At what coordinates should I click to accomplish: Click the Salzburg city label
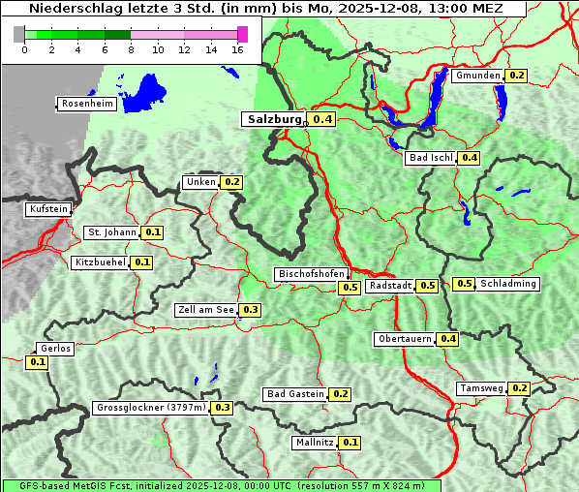point(273,119)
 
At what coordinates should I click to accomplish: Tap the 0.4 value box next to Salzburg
point(322,119)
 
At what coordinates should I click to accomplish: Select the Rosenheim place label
point(88,104)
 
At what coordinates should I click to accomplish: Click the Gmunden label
point(477,76)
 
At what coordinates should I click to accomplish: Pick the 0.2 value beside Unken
point(231,182)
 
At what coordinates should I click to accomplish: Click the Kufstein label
point(48,209)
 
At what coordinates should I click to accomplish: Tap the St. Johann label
point(112,232)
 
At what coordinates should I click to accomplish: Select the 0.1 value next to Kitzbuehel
point(142,262)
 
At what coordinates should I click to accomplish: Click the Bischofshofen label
point(311,275)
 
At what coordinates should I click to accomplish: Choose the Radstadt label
point(390,286)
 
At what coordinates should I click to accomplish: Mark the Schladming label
point(508,284)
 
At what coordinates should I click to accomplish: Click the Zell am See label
point(206,310)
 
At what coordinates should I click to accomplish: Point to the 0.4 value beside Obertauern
point(448,339)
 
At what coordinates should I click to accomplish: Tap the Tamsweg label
point(481,388)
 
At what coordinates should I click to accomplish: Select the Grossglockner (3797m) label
point(151,408)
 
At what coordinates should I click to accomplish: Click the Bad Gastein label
point(295,394)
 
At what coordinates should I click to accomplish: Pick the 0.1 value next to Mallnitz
point(350,443)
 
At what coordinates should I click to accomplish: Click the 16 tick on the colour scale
point(238,49)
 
